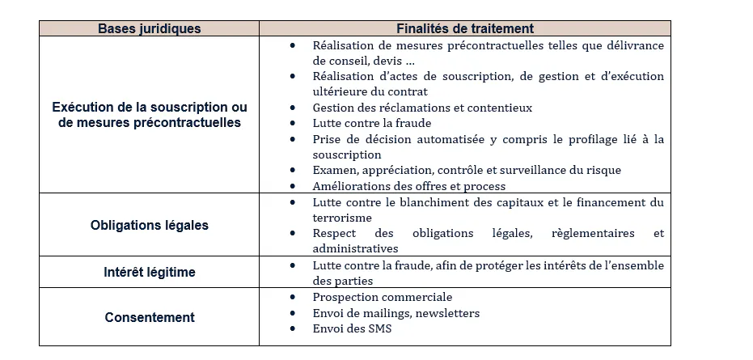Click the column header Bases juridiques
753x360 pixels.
pos(150,28)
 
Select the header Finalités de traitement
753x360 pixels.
pos(465,28)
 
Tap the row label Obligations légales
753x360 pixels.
pos(150,225)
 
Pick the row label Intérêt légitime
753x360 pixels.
pos(150,272)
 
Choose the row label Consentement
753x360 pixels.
pos(150,317)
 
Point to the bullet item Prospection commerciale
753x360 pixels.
pos(383,297)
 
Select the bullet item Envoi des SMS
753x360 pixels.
pos(353,328)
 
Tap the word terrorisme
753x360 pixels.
pos(342,218)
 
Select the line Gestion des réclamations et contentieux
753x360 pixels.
pos(422,108)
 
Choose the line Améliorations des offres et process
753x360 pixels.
pos(409,186)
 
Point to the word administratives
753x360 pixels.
pos(355,249)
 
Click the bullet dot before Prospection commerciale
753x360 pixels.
pos(292,297)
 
